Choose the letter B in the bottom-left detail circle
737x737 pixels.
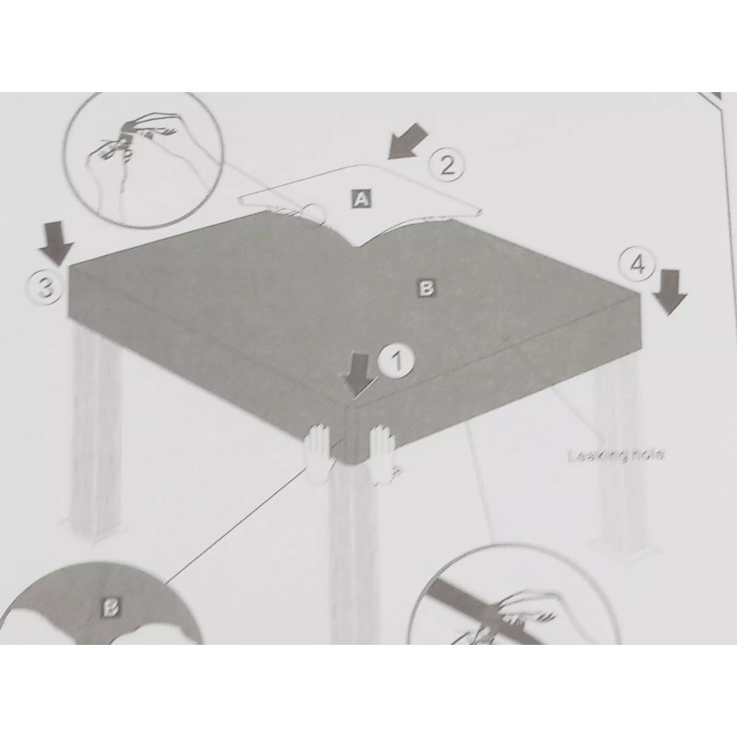click(x=111, y=607)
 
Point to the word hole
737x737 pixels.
click(x=647, y=454)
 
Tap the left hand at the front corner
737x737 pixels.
click(x=319, y=451)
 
